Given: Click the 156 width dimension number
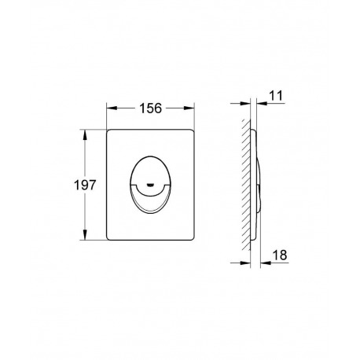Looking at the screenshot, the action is [151, 108].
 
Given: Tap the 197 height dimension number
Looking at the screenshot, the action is [85, 186].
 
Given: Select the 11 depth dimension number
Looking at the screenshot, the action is [276, 96].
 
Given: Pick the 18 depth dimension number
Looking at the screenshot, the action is [280, 255].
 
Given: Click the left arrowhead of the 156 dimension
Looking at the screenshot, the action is [112, 108].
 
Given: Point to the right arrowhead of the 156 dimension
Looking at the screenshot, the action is [189, 108].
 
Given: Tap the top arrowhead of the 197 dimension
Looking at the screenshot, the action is [85, 134].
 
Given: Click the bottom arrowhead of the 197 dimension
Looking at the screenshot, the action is [85, 234].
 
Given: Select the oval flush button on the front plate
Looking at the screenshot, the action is [150, 184].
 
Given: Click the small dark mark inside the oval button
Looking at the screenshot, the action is [150, 185].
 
